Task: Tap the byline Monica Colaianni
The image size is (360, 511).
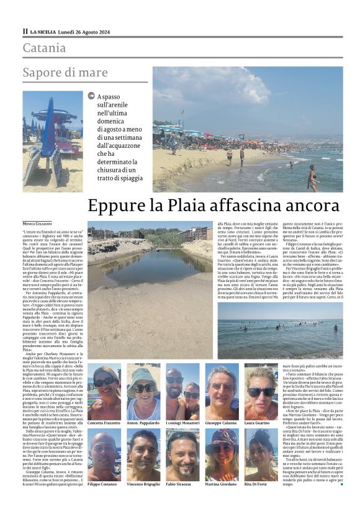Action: (x=38, y=223)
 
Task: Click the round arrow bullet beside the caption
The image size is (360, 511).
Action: (x=92, y=96)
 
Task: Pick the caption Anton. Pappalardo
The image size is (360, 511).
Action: (x=144, y=422)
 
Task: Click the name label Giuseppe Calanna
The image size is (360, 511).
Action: (x=222, y=422)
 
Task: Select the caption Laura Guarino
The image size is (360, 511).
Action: (x=261, y=422)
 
